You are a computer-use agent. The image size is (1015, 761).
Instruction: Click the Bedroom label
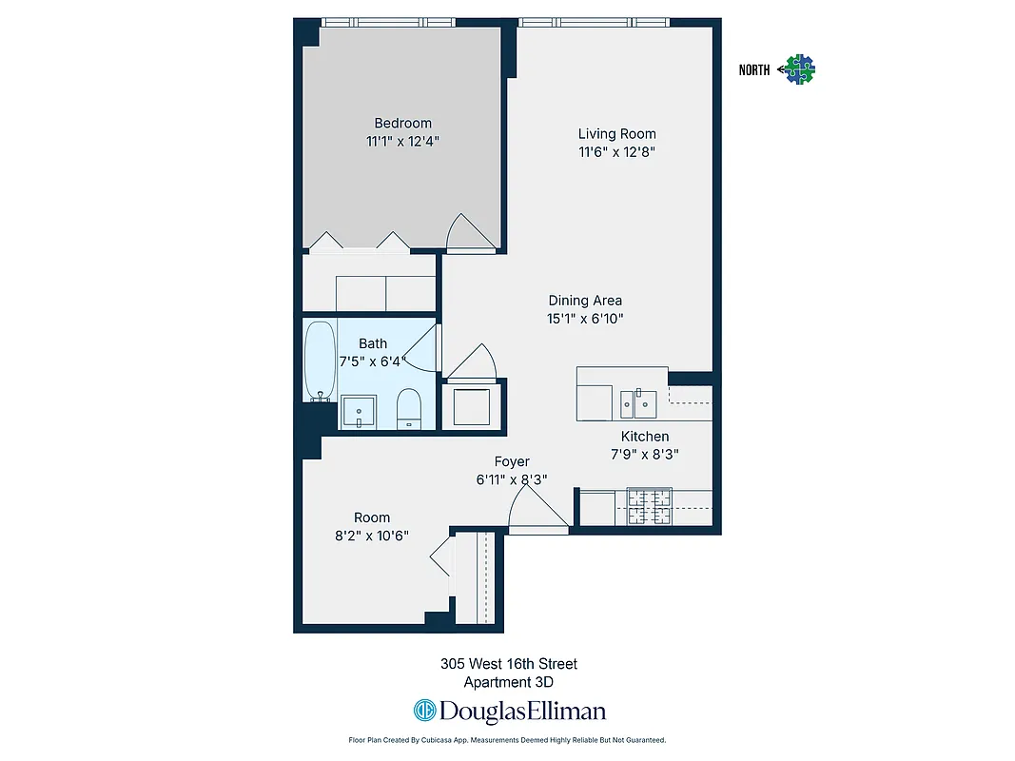(402, 123)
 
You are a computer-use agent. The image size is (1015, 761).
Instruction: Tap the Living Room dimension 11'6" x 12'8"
(617, 151)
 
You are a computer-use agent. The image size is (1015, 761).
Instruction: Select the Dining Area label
(585, 301)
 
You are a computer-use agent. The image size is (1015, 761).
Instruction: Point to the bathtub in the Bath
(320, 361)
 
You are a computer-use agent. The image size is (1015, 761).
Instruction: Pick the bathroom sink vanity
(359, 411)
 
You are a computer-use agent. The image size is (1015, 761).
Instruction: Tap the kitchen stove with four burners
(649, 507)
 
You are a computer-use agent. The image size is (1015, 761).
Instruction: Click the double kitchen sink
(636, 403)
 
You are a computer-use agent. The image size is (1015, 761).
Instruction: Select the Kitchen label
(645, 437)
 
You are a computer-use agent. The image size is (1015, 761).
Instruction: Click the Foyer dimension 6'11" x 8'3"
(512, 479)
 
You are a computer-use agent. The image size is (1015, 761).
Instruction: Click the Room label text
(372, 517)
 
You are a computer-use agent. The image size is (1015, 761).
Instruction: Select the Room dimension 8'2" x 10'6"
(372, 535)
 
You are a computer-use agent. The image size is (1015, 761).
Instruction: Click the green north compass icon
(800, 68)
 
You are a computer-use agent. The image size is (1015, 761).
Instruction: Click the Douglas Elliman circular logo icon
(424, 711)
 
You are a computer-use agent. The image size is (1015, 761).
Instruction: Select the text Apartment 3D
(508, 682)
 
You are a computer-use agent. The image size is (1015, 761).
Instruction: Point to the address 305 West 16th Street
(508, 664)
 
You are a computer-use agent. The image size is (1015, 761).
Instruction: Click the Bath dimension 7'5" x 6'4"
(373, 361)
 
